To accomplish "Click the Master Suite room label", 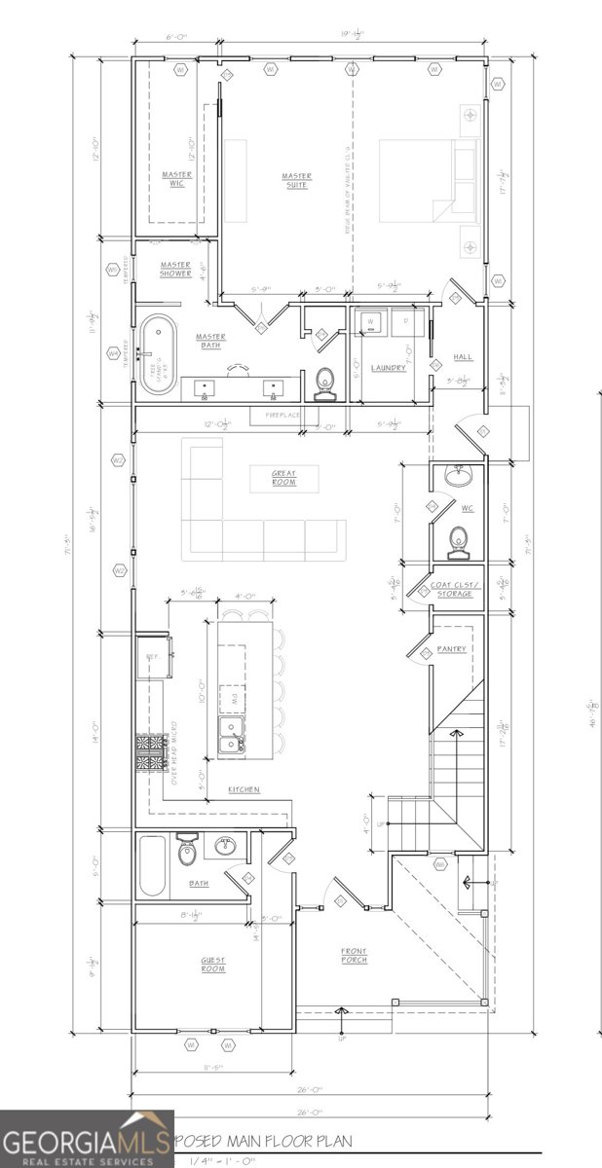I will pos(296,181).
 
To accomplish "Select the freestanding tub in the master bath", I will pos(156,355).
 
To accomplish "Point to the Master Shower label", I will pos(176,269).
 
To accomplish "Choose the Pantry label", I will pos(452,648).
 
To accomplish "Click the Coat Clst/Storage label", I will pos(452,590).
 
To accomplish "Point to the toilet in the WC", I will pos(457,538).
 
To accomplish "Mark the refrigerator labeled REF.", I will pos(154,659).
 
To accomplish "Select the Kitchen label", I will pos(244,789).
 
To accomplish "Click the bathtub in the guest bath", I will pos(152,865).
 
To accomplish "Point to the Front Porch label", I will pos(353,955).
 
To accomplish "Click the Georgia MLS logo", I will pos(87,1140).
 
